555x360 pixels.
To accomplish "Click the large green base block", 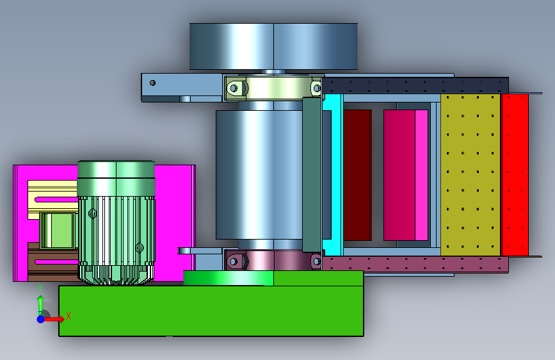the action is point(211,311).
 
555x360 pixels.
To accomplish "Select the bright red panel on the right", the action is point(515,175).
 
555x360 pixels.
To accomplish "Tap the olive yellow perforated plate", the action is point(471,175).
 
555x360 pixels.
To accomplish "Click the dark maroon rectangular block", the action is point(357,175).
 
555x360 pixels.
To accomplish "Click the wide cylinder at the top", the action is point(273,46).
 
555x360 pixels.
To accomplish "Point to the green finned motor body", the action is point(116,222).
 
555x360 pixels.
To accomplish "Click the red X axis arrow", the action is point(54,319).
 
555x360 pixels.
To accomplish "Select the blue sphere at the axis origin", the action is point(41,319).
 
